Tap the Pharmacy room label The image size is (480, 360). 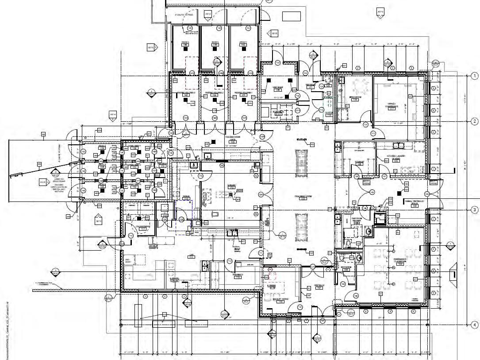pyautogui.click(x=238, y=275)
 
